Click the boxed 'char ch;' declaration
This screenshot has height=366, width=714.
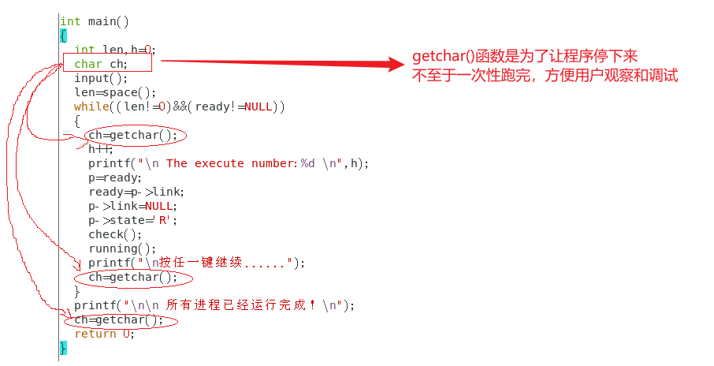pos(101,64)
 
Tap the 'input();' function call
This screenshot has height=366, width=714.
pos(101,78)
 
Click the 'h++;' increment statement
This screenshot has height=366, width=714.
pos(101,149)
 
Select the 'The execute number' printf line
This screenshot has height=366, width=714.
pos(229,163)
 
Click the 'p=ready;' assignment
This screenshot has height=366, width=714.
pos(115,177)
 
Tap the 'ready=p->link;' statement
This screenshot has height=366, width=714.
pos(136,192)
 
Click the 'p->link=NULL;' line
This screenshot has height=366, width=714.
pos(133,206)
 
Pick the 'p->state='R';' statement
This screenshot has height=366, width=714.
pos(133,220)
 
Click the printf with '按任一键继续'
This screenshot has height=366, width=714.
pos(196,263)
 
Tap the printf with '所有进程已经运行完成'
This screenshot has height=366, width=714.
pos(215,305)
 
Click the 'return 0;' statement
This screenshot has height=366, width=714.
pos(105,334)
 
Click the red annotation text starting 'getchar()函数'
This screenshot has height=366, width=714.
pos(524,58)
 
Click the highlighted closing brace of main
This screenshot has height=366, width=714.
pos(63,348)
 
